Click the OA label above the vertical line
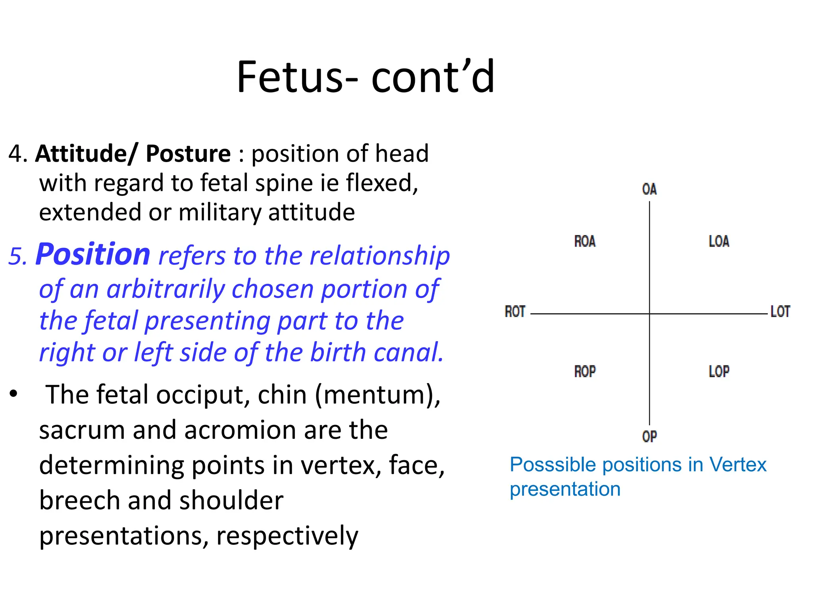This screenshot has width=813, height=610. coord(649,189)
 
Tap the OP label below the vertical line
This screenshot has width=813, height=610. coord(649,436)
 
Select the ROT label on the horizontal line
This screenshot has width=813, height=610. coord(515,312)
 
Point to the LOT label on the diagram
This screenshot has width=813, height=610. coord(780,312)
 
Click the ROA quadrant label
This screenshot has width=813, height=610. coord(585,241)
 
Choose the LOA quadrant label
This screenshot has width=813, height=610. coord(719,241)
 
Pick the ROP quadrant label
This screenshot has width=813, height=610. coord(585,372)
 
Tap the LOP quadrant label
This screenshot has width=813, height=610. coord(719,372)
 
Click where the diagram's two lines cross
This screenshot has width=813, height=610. coord(649,314)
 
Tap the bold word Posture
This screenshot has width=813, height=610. coord(188,154)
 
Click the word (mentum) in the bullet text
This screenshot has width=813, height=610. coord(378,396)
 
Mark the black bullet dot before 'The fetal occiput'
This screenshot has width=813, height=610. coord(14,394)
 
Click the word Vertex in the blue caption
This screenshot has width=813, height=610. coord(738,465)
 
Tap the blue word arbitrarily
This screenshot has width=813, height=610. coord(166,289)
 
